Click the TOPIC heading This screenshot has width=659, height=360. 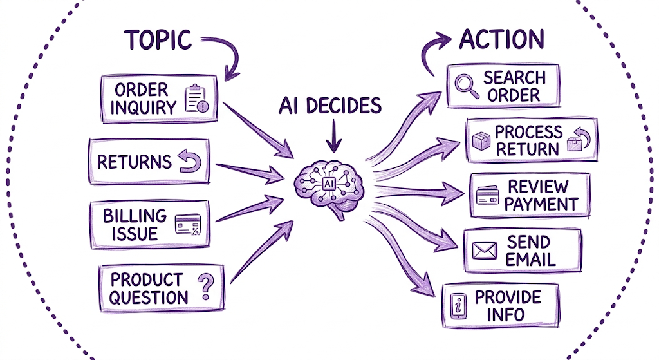[158, 40]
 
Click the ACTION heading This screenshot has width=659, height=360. [502, 39]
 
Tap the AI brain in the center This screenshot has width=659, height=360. [329, 188]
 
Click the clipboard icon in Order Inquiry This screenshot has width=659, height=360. [196, 99]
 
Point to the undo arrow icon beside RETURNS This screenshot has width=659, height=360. [189, 162]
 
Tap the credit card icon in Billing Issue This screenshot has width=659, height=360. [188, 225]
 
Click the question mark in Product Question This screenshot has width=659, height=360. [205, 287]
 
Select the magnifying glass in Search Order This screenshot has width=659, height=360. [467, 86]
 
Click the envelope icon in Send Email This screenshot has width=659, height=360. [484, 251]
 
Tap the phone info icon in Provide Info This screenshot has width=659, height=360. [458, 306]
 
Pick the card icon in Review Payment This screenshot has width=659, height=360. [488, 195]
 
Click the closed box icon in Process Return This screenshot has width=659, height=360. [481, 140]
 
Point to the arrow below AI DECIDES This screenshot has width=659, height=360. [334, 136]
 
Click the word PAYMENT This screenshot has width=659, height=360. [541, 204]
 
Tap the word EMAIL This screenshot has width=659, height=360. [530, 260]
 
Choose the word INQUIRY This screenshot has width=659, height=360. [144, 108]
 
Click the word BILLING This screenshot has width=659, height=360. [135, 216]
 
